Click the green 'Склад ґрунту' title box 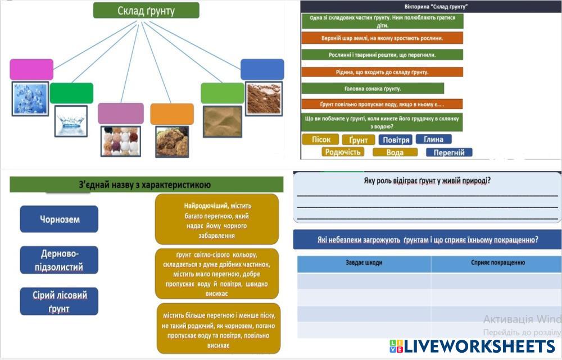click(x=146, y=10)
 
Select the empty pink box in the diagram click(x=31, y=70)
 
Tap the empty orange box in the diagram click(x=172, y=114)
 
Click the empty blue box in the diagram click(x=262, y=69)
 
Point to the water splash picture click(x=71, y=121)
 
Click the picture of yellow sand click(x=222, y=121)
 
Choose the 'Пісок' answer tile click(x=320, y=139)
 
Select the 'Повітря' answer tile click(x=395, y=139)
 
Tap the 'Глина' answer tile click(x=433, y=139)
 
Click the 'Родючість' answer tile click(x=343, y=152)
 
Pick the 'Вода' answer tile click(x=395, y=152)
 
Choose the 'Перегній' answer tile click(x=449, y=152)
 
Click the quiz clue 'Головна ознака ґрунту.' click(x=373, y=88)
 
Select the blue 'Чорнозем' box click(x=59, y=219)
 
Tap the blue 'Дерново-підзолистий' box click(x=59, y=260)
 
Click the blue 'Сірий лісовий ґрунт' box click(x=59, y=301)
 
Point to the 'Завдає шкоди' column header click(x=364, y=263)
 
